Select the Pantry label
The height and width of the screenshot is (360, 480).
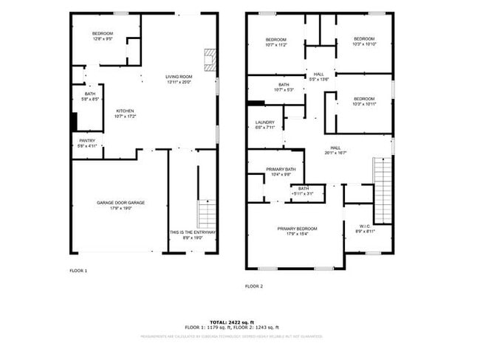(x=86, y=143)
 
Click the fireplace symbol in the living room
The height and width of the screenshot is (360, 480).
(x=210, y=60)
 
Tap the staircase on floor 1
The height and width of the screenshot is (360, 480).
(x=208, y=214)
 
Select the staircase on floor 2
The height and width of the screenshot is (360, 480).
(x=383, y=190)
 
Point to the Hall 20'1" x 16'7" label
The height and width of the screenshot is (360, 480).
(x=335, y=150)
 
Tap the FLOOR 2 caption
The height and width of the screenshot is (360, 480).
(x=254, y=285)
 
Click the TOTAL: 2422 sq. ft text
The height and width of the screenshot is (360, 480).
(x=231, y=322)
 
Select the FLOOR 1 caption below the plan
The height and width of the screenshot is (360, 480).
(x=78, y=271)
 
